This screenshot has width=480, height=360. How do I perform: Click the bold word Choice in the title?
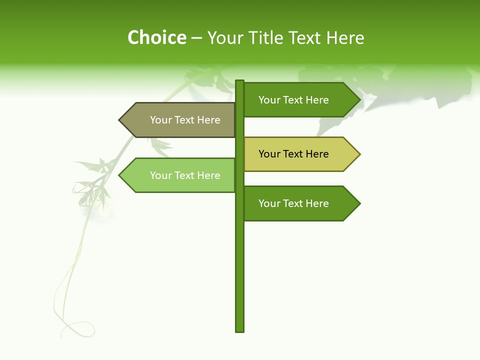coord(156,38)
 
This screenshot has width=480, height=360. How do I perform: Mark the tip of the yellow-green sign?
coord(359,154)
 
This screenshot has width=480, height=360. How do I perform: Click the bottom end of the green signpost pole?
coord(240,330)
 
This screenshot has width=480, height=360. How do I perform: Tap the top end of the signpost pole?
coord(240,81)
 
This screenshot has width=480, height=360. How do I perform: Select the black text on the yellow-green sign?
coord(293,154)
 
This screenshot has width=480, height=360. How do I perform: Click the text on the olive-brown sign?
coord(185,120)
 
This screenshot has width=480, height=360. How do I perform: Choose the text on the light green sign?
coord(185,175)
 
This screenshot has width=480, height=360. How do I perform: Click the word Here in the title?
coord(345,38)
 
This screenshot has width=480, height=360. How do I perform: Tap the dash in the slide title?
coord(196,38)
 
